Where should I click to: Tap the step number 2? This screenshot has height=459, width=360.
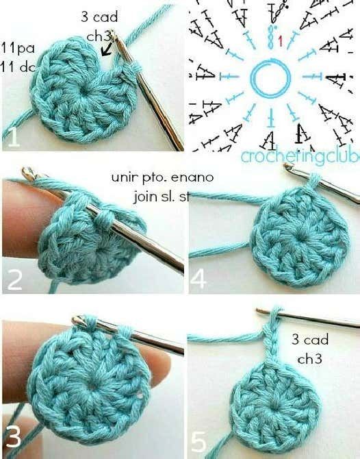(x=14, y=280)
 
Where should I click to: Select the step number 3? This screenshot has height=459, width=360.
(x=13, y=436)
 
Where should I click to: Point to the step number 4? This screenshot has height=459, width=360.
(x=198, y=278)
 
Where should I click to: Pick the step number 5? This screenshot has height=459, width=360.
(x=198, y=442)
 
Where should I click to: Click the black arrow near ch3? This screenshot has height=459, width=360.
(x=106, y=49)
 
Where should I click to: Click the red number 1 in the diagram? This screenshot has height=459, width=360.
(x=281, y=41)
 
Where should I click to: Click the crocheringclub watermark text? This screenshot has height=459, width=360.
(x=300, y=156)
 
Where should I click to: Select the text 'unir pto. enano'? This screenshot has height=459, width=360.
(x=162, y=177)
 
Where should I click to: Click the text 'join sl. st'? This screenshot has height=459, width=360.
(x=162, y=196)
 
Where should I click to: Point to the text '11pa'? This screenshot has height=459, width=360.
(x=18, y=49)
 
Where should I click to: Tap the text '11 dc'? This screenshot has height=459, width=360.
(x=18, y=67)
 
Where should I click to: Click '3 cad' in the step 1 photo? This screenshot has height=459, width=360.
(x=99, y=16)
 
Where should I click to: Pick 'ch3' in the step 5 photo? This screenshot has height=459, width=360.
(x=310, y=358)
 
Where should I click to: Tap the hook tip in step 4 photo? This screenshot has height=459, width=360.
(x=288, y=166)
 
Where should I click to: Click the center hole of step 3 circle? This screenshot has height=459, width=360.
(x=93, y=386)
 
